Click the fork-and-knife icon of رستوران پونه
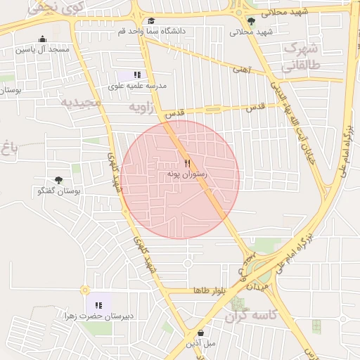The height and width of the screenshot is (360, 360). pos(167,162)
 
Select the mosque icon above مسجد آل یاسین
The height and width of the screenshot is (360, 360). pos(43,39)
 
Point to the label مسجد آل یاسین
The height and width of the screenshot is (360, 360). pos(44,50)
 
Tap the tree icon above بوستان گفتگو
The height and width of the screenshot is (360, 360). pos(58,181)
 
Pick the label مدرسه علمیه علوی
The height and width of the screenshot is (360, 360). pos(137,85)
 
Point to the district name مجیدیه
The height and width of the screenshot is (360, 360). pos(82,102)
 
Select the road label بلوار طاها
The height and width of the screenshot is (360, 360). pos(210,290)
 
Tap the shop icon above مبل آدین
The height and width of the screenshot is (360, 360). pos(201,333)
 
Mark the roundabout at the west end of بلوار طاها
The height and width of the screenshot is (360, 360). pos(85,290)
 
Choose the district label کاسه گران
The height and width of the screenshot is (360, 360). pos(252,316)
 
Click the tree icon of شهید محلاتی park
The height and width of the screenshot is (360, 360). pos(250,21)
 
